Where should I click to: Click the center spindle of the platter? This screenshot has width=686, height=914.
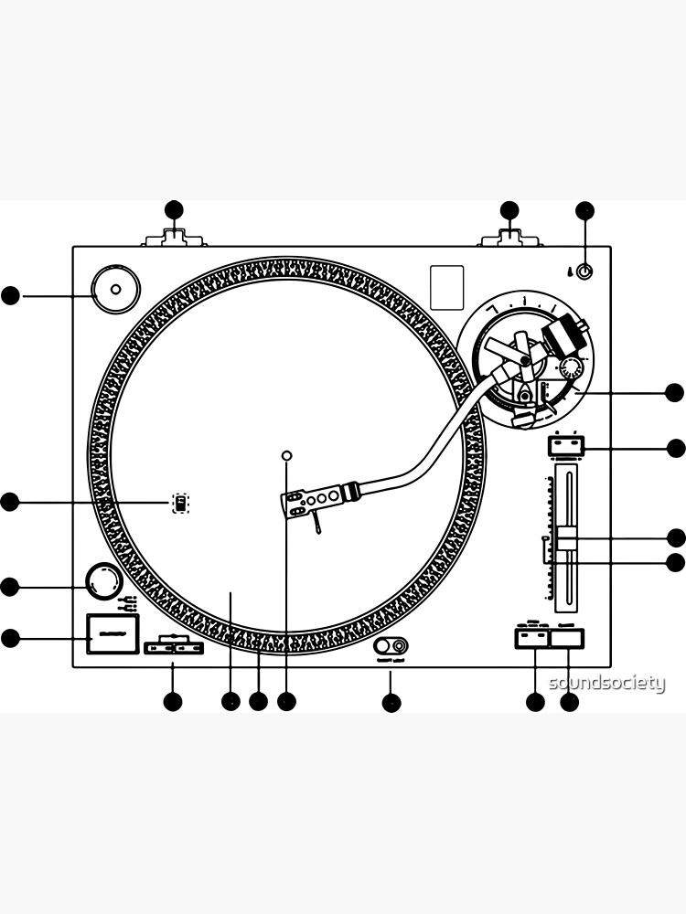(x=286, y=455)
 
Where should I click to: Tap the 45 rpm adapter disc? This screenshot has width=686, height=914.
(x=115, y=290)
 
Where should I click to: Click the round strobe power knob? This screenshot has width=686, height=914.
(x=103, y=581)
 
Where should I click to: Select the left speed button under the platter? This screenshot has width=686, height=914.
(x=158, y=648)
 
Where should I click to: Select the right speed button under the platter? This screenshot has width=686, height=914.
(x=188, y=648)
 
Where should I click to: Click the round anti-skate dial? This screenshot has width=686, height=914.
(x=570, y=369)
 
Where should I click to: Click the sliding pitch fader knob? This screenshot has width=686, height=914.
(x=567, y=538)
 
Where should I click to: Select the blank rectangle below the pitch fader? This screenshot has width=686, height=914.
(x=567, y=638)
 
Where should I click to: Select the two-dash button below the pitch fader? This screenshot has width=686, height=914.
(x=531, y=638)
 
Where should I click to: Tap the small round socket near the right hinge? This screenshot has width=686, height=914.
(x=585, y=271)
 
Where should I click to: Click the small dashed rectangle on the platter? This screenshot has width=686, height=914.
(x=180, y=502)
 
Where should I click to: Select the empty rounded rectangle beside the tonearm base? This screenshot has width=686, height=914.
(x=447, y=287)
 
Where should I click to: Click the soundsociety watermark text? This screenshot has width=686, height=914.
(x=606, y=683)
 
